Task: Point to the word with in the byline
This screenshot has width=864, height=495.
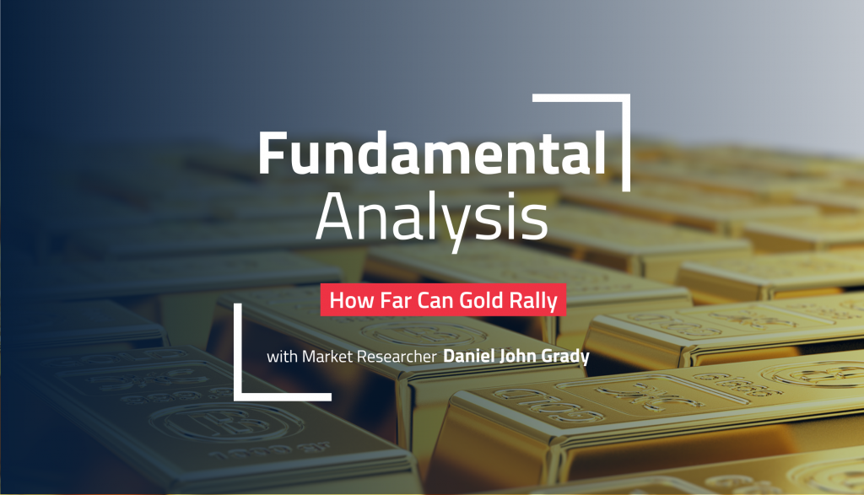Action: [280, 358]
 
